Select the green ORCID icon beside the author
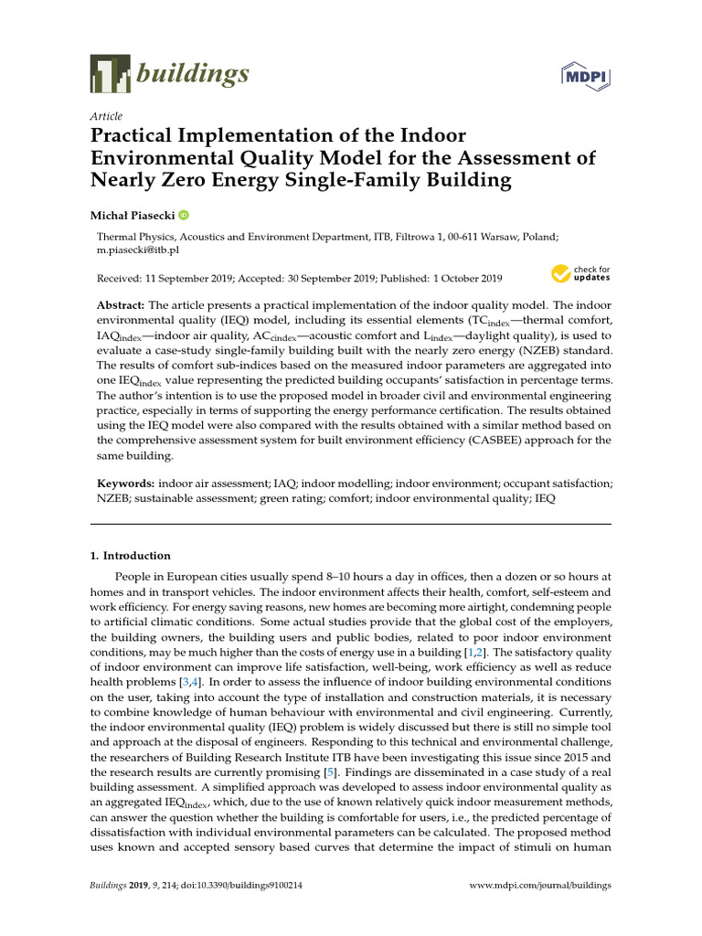pyautogui.click(x=183, y=215)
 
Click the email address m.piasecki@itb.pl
pyautogui.click(x=138, y=249)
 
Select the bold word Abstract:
pyautogui.click(x=121, y=304)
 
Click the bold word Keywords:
pyautogui.click(x=125, y=482)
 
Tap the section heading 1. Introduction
pyautogui.click(x=130, y=555)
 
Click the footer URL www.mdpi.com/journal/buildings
pyautogui.click(x=539, y=886)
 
